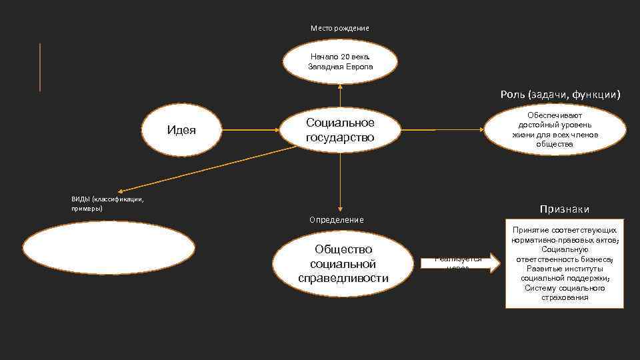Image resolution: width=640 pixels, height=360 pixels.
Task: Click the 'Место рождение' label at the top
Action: pyautogui.click(x=339, y=28)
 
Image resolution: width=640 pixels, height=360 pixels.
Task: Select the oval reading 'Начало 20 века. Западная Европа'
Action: pyautogui.click(x=340, y=61)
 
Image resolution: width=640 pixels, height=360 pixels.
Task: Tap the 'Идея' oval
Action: pyautogui.click(x=181, y=129)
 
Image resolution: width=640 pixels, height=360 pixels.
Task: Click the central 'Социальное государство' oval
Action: pyautogui.click(x=340, y=129)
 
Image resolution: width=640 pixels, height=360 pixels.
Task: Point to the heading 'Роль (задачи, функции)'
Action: pyautogui.click(x=560, y=95)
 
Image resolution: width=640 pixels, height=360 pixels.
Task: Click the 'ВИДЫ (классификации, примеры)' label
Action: pyautogui.click(x=107, y=203)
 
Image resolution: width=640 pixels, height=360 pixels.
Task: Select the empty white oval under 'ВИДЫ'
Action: pyautogui.click(x=109, y=247)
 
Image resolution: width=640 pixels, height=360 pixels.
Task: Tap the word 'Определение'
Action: pyautogui.click(x=337, y=219)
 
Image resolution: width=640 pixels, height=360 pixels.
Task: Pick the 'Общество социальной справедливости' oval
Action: pyautogui.click(x=343, y=263)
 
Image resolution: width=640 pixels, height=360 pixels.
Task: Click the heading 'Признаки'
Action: pyautogui.click(x=565, y=209)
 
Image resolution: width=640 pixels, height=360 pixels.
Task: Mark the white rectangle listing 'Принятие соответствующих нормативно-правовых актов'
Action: pyautogui.click(x=564, y=263)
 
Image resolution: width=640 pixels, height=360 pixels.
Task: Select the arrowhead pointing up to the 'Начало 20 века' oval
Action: pyautogui.click(x=340, y=85)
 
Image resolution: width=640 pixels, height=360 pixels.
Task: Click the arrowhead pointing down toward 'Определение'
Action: pyautogui.click(x=340, y=207)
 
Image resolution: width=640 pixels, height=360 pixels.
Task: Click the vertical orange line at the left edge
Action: pyautogui.click(x=40, y=67)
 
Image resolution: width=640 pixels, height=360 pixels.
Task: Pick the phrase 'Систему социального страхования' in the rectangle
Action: pyautogui.click(x=564, y=293)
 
